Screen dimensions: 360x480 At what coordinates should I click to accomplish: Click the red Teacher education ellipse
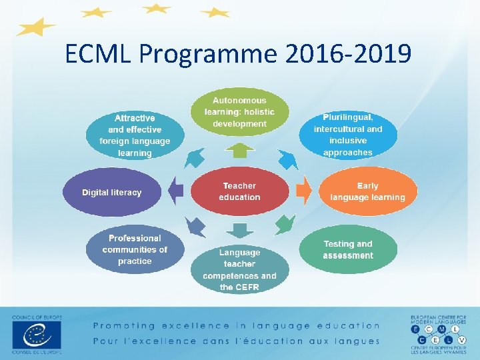point(239,191)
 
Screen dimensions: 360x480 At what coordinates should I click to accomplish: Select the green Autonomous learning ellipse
point(239,112)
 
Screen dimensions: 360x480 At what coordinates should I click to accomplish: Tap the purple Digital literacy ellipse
point(112,192)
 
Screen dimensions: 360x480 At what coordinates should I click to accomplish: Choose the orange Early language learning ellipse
point(367,191)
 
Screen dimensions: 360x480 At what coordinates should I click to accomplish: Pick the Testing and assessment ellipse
point(348,250)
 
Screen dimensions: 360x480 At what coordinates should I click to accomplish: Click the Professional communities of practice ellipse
point(135,250)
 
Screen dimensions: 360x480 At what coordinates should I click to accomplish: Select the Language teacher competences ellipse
point(239,269)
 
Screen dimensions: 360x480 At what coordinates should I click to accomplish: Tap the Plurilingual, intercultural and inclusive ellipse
point(348,135)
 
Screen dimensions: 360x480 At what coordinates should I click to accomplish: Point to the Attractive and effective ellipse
point(135,135)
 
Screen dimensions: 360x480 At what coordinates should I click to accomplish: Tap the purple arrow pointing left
point(176,191)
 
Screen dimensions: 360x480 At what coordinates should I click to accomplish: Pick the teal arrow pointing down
point(239,231)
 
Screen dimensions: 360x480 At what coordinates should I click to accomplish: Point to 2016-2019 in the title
point(347,53)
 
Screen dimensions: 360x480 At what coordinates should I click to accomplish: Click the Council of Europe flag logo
point(36,333)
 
